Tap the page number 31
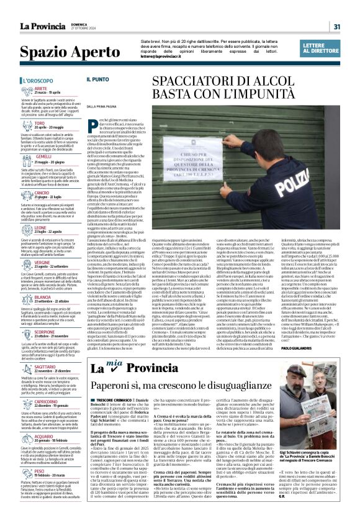click(336, 27)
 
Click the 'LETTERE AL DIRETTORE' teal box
click(322, 49)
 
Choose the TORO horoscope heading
click(39, 124)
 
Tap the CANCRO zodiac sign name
click(42, 193)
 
